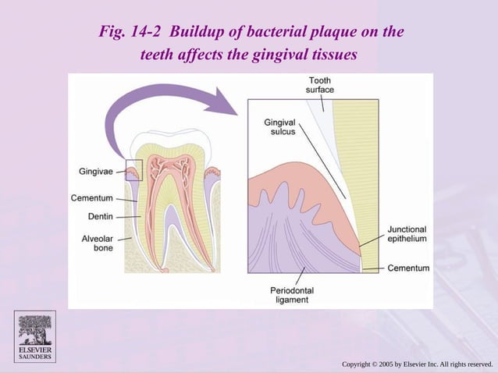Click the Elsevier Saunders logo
(x=35, y=336)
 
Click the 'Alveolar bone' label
(x=97, y=243)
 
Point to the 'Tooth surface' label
(x=319, y=85)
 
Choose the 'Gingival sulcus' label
(x=279, y=127)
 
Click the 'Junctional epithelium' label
(x=407, y=234)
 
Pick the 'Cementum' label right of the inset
(x=410, y=268)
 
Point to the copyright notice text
(x=418, y=364)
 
